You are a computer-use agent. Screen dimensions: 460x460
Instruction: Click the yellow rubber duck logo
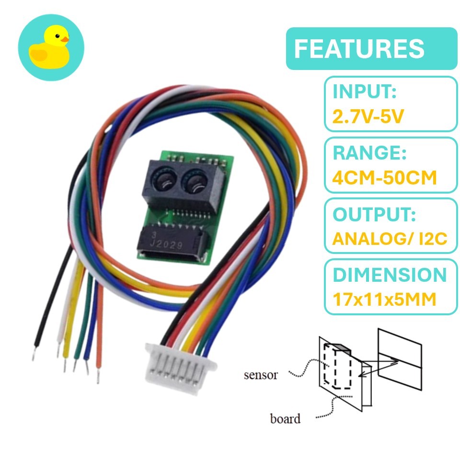click(x=49, y=49)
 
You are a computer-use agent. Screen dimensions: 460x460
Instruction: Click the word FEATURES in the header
click(x=359, y=49)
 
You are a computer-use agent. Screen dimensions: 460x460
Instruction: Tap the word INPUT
click(x=365, y=92)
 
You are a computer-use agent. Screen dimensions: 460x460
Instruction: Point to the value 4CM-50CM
click(x=385, y=178)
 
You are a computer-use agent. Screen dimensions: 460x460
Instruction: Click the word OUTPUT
click(x=374, y=215)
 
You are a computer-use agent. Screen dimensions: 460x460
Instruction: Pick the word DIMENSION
click(x=390, y=276)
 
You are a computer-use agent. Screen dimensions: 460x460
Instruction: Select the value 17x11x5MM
click(x=384, y=299)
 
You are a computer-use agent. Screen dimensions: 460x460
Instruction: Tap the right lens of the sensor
click(x=195, y=181)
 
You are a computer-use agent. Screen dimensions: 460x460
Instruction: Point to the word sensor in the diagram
click(x=261, y=375)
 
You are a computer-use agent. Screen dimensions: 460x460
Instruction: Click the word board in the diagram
click(x=285, y=419)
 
